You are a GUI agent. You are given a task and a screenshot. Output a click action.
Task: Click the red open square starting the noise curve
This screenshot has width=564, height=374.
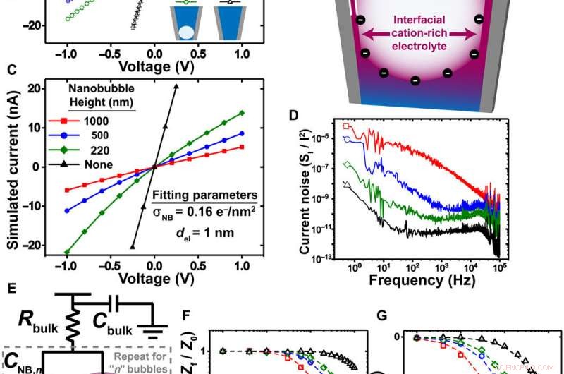coord(346,126)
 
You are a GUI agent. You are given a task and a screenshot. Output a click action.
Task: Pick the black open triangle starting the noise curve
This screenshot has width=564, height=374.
coord(345,183)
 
